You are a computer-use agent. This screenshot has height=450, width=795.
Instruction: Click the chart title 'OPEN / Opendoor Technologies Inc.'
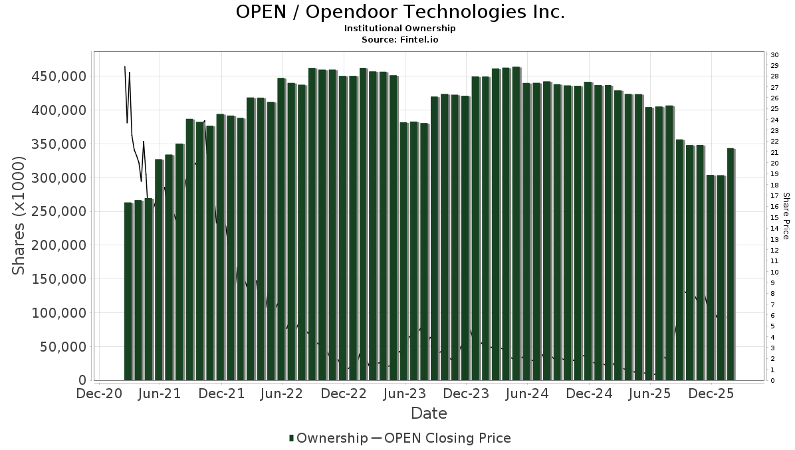400,12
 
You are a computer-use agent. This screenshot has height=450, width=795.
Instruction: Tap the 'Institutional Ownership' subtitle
400,29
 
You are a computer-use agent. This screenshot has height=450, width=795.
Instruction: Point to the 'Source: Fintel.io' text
400,39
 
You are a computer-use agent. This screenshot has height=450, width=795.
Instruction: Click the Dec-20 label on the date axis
100,394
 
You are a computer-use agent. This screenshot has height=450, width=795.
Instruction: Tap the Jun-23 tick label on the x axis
405,394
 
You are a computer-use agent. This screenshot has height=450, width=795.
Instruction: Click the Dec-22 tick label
344,394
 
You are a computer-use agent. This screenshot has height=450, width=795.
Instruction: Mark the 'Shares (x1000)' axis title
19,216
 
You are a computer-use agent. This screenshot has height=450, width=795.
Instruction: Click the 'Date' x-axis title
429,413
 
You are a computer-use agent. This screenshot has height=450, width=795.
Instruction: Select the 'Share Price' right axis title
786,216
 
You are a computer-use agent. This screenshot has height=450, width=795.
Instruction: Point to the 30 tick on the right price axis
774,55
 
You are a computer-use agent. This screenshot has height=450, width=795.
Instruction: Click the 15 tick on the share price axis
774,217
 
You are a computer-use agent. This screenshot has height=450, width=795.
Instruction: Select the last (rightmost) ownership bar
731,264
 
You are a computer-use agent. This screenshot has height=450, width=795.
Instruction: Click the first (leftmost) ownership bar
128,291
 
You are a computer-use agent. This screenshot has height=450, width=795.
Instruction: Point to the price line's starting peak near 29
125,66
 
